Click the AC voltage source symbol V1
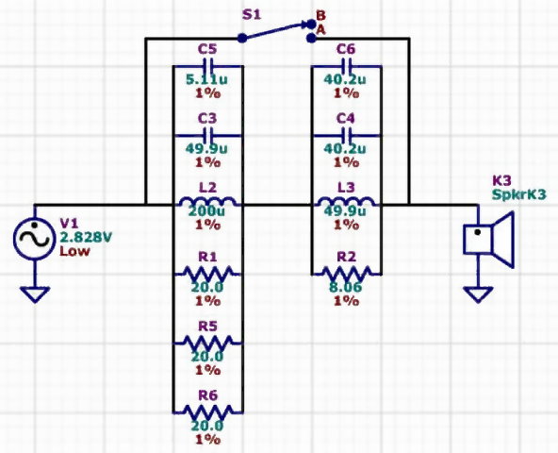35,238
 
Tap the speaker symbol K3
489,239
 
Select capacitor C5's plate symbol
207,66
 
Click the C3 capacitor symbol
207,136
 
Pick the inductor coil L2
207,202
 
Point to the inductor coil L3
346,202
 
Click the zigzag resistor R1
207,274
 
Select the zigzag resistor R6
207,412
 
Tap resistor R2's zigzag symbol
346,274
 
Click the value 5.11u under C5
206,80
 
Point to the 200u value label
206,211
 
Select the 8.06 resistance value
346,287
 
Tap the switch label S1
252,14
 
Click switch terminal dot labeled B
311,24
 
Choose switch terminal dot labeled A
311,38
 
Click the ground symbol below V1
35,294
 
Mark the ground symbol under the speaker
478,294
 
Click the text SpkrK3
518,194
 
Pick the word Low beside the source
74,251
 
